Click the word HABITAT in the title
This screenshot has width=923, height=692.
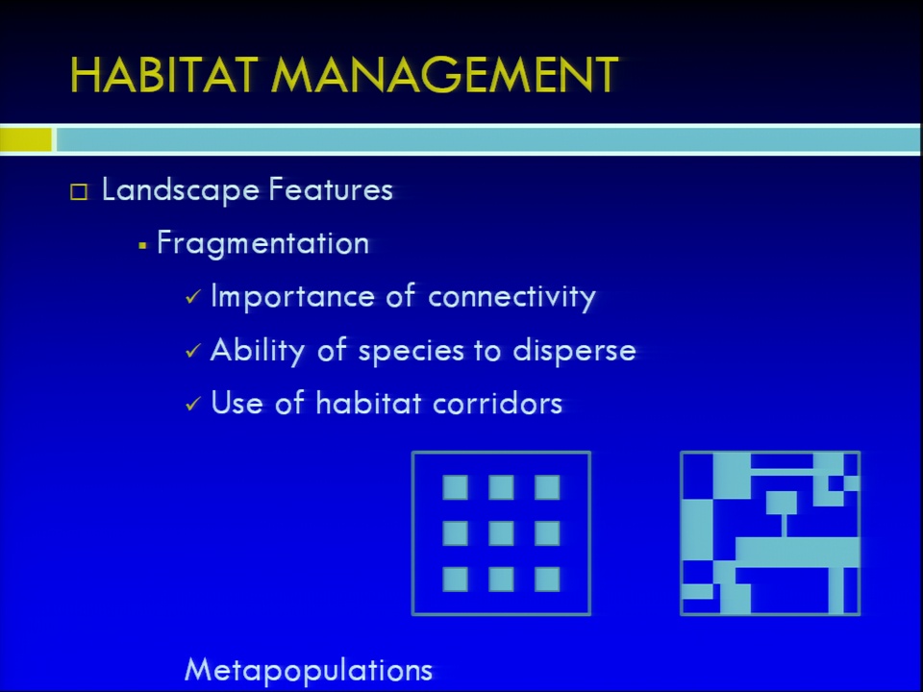click(164, 74)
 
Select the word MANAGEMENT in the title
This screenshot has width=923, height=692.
click(445, 74)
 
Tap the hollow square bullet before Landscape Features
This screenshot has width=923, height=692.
click(79, 192)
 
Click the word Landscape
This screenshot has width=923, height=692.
click(181, 190)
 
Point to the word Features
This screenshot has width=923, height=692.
click(331, 189)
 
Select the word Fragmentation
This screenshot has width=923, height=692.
click(263, 243)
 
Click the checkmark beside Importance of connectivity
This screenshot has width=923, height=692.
click(193, 297)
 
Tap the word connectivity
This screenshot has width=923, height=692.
click(512, 297)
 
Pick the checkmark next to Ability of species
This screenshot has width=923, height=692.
click(193, 351)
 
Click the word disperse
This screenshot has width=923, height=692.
click(575, 351)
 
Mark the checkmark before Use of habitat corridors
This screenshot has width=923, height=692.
click(193, 404)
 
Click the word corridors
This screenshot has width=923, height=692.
click(497, 404)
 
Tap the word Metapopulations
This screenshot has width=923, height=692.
click(309, 670)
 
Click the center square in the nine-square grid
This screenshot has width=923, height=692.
click(501, 533)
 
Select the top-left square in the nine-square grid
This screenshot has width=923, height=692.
click(455, 487)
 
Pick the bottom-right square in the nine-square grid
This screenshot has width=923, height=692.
click(547, 579)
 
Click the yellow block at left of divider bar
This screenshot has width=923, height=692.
click(26, 140)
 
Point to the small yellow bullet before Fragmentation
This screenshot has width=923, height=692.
click(142, 245)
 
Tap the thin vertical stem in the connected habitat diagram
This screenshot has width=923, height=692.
click(784, 525)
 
